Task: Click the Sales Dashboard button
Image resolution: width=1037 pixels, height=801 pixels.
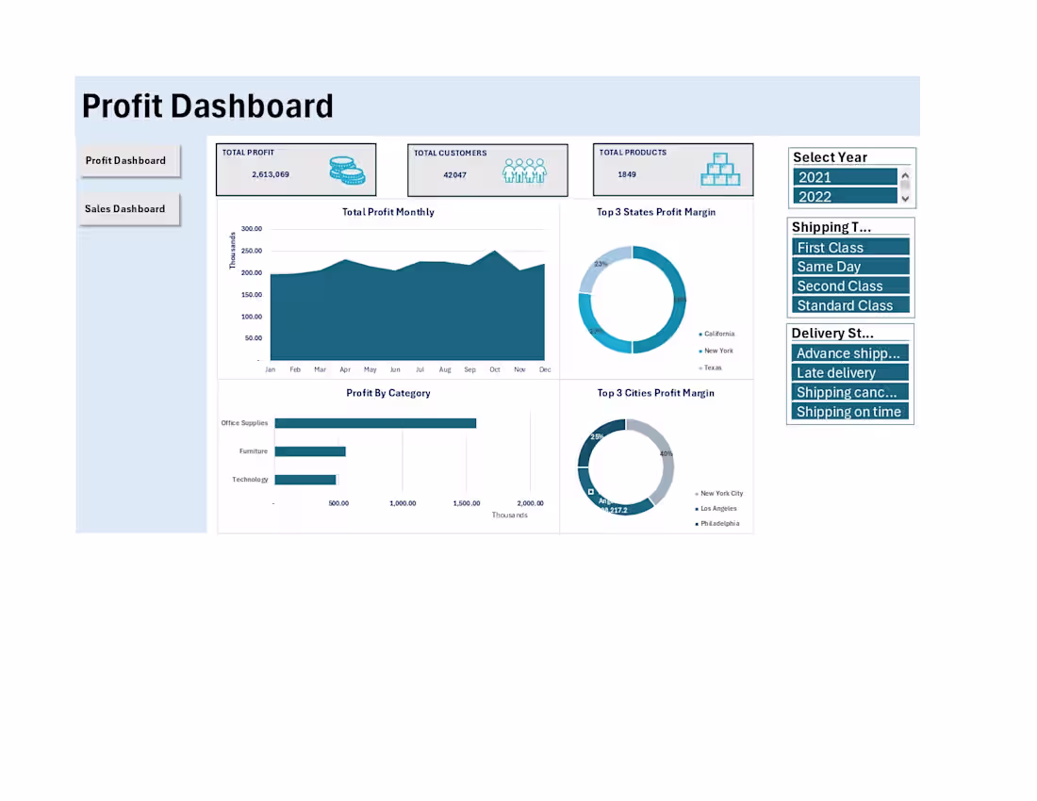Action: pos(125,209)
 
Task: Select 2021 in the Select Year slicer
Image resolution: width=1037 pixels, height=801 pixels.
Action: pos(845,177)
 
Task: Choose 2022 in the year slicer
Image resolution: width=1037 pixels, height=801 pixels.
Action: pos(845,196)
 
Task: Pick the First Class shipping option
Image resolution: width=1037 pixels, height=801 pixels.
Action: pos(850,247)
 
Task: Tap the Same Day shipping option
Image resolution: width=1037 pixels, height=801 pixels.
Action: pos(850,267)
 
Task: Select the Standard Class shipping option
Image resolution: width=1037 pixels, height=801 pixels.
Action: pos(850,305)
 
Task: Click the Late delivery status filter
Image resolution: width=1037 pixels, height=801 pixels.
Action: pos(849,372)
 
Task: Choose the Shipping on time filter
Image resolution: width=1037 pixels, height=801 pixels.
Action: pos(849,411)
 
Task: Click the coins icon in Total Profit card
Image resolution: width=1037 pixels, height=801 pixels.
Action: pos(347,171)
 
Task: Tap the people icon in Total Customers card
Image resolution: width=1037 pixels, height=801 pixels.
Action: pos(524,171)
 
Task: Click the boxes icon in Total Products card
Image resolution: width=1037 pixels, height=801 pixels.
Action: pos(721,170)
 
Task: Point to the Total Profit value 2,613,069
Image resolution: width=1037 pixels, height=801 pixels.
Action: pos(271,174)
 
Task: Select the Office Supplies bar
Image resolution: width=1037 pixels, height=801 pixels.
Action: pos(375,423)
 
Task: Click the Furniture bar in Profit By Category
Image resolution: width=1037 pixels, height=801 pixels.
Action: pos(310,451)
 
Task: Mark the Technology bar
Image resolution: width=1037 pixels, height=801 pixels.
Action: pos(305,480)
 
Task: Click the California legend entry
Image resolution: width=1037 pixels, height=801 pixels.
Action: pos(718,334)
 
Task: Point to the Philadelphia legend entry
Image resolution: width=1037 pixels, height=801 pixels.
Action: pos(719,523)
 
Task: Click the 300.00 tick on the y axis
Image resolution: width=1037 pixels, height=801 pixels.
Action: pos(251,229)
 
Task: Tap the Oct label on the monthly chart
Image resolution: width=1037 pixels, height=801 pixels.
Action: pos(494,370)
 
